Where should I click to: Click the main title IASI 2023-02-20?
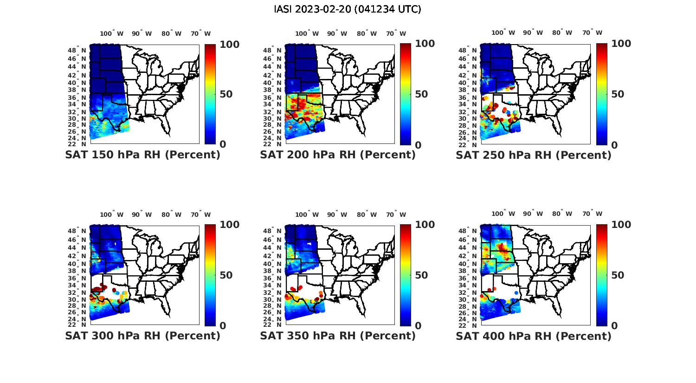[x=348, y=9]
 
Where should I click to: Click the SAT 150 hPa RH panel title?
[x=142, y=155]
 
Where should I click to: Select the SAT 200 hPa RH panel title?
[x=338, y=155]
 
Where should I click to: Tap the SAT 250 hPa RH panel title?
[x=534, y=155]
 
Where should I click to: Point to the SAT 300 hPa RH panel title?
[x=142, y=336]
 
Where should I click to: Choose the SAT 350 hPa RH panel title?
[x=338, y=336]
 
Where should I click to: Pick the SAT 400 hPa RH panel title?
[x=534, y=336]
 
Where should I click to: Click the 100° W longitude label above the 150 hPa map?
[x=112, y=33]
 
